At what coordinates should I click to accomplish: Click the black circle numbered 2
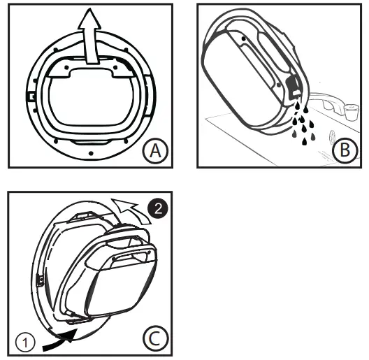[159, 207]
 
